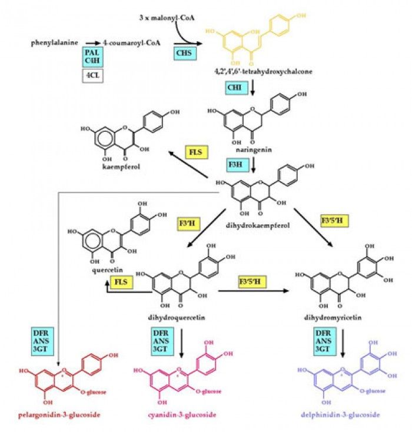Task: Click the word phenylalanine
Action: (55, 42)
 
